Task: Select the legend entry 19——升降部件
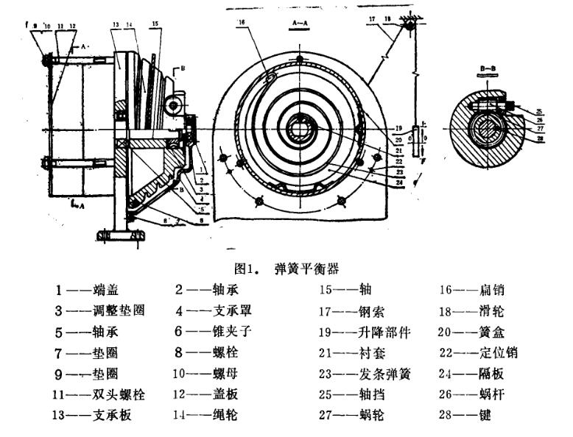tap(366, 331)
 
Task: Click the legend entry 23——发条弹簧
tap(366, 374)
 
